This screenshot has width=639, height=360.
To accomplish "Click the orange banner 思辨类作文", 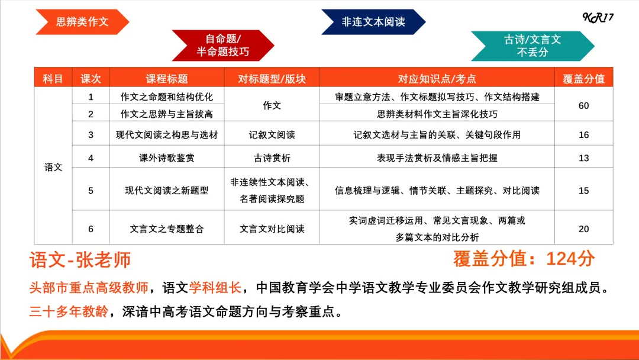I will (82, 22).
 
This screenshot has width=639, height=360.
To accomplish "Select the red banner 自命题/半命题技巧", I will (222, 46).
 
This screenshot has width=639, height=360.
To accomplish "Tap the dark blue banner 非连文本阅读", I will (373, 22).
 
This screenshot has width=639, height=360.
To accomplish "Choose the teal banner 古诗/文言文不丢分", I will (532, 46).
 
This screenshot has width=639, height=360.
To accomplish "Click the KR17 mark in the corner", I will (598, 17).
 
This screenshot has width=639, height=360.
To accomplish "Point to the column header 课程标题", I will (166, 79).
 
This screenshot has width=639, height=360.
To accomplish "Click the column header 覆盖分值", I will (583, 79).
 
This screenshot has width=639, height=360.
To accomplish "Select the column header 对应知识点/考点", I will (437, 79).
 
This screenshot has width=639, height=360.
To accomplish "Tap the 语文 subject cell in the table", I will (53, 167).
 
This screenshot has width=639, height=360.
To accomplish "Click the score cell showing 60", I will (583, 105).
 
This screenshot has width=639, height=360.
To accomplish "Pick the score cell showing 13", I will (583, 158).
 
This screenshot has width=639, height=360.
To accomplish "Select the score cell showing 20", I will (583, 229).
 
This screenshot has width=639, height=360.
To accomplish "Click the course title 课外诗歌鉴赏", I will (166, 158).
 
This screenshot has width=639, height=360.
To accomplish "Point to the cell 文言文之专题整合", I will (166, 229).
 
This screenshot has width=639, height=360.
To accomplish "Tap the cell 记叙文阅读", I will (272, 135).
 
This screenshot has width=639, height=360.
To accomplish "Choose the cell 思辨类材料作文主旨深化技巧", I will (437, 114).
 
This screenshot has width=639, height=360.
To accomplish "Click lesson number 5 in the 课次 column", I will (91, 191).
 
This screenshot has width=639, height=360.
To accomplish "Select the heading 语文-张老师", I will (80, 260).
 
